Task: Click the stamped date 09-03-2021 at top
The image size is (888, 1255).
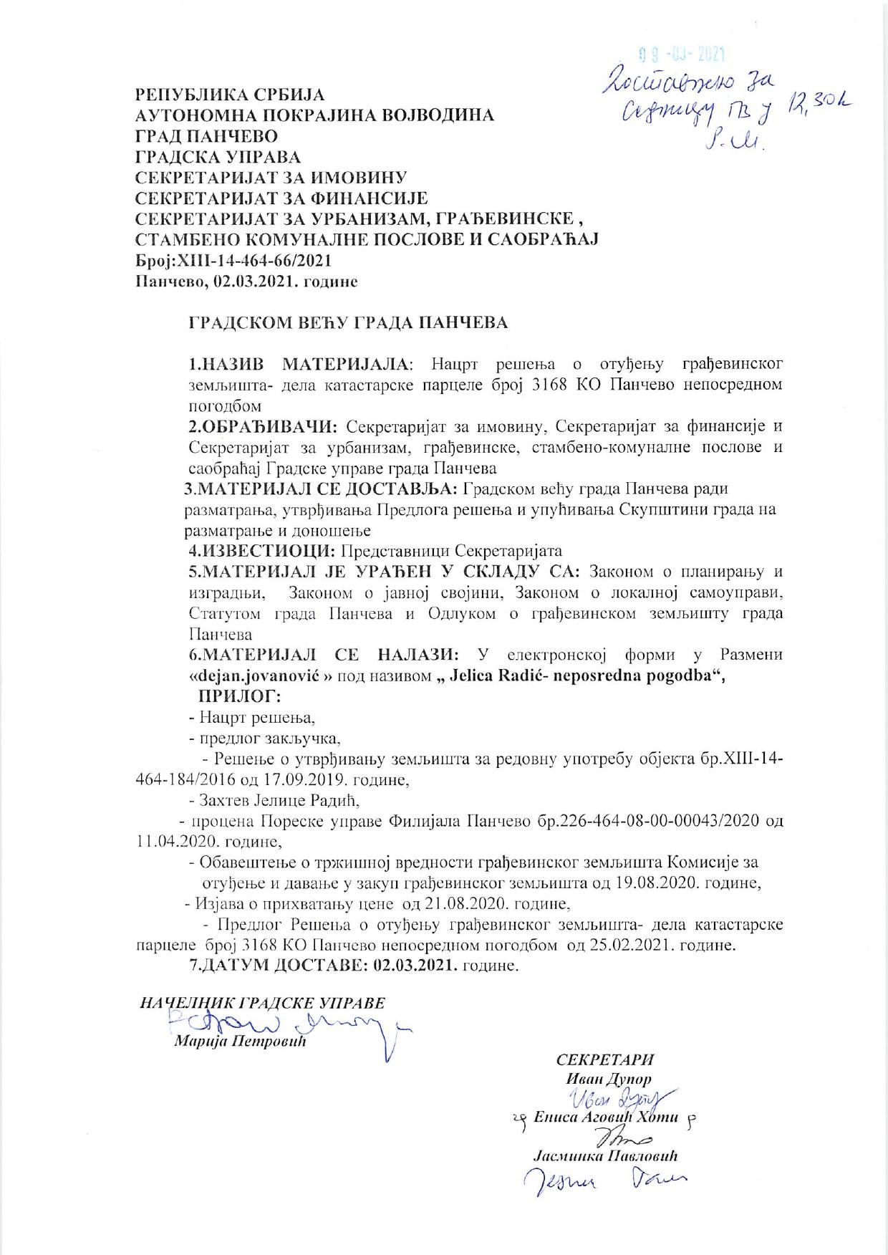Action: pos(681,54)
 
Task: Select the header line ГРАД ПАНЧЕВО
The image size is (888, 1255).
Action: pos(207,136)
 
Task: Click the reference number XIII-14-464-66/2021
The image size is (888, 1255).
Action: pos(248,261)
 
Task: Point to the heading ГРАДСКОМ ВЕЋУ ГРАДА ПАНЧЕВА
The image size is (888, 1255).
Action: pos(348,323)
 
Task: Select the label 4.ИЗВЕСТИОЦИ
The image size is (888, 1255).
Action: pos(262,551)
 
